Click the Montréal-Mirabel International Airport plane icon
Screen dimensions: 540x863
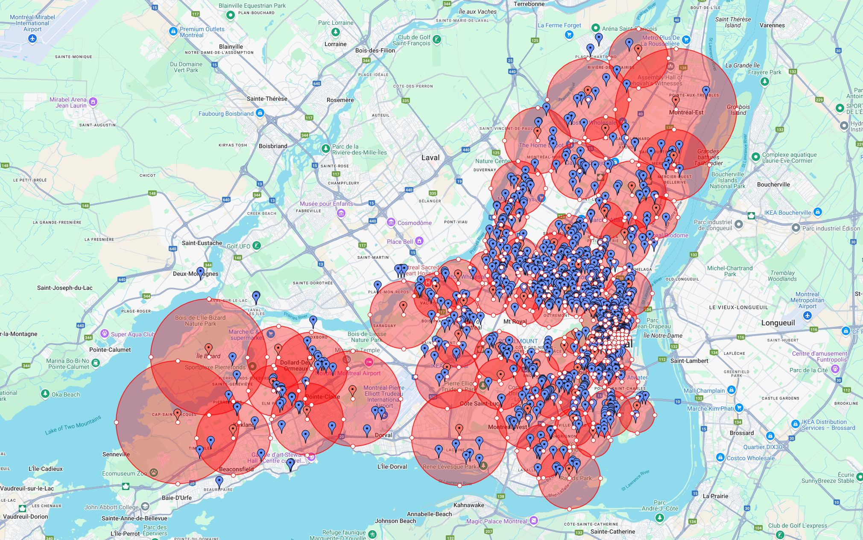(32, 38)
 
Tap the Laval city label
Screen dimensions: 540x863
(430, 158)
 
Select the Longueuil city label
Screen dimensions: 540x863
(778, 323)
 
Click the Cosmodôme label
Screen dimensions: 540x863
(414, 223)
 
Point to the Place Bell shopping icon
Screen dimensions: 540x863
(419, 241)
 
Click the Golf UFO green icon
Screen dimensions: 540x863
(256, 245)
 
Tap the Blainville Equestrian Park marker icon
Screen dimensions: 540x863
(230, 15)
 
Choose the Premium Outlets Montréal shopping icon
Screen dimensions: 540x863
(173, 31)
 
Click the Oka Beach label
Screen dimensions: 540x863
(65, 394)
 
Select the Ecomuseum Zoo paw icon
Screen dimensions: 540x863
(154, 473)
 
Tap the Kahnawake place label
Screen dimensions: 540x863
(468, 505)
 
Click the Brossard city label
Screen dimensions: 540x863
(742, 433)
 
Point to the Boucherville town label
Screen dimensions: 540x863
(773, 184)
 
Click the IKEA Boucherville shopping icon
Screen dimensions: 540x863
(817, 212)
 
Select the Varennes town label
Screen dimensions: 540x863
(772, 25)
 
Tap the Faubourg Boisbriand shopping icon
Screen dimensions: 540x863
(260, 113)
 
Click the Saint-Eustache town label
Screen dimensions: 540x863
(202, 243)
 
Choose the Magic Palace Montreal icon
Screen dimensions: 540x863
(533, 520)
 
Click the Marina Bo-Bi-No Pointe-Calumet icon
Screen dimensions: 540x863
(96, 363)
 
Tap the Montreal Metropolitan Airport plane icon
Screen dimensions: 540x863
(807, 315)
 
